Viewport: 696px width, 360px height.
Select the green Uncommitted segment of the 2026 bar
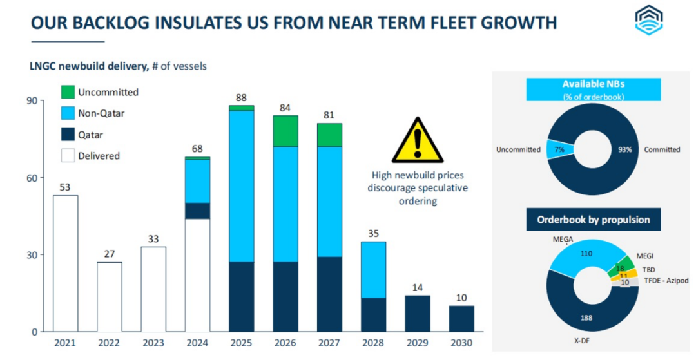point(285,131)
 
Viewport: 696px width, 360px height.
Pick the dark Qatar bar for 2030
point(461,318)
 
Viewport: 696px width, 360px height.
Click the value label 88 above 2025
point(241,98)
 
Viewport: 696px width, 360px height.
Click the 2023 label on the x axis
point(153,343)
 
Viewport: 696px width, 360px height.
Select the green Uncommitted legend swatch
point(68,92)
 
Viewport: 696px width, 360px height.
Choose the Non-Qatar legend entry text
point(101,114)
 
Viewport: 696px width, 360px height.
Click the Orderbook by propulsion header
point(594,220)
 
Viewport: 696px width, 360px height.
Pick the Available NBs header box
point(593,89)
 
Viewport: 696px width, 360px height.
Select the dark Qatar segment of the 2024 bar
point(197,211)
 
